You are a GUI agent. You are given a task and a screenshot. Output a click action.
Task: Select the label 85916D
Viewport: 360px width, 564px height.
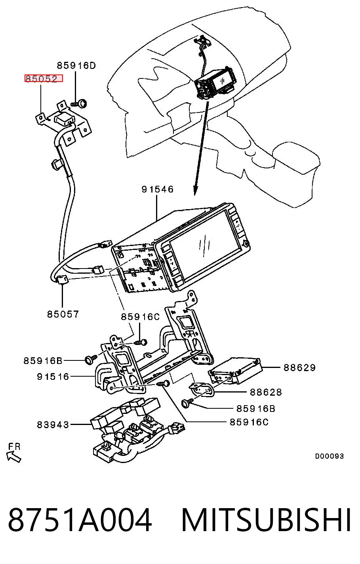76,66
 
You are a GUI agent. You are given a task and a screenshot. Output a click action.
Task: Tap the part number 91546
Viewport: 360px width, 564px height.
158,189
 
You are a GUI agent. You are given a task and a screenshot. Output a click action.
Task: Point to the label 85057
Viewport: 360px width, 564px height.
63,314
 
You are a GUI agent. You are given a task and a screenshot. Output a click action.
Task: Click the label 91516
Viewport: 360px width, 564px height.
53,377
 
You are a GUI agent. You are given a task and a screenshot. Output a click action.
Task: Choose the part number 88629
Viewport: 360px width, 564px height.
299,368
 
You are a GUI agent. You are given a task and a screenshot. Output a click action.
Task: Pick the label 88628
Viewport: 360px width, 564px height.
266,392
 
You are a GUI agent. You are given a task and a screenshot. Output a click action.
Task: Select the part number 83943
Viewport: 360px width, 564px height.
53,425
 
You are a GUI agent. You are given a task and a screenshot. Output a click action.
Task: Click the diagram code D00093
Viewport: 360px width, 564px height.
330,456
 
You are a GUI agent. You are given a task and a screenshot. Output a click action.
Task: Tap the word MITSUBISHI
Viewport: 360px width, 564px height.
266,520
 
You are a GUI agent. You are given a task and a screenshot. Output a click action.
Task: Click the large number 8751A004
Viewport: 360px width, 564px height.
80,520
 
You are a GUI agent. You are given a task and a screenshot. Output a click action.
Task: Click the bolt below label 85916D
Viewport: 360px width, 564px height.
79,103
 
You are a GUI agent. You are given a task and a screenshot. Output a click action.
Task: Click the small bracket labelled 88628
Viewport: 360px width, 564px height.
202,389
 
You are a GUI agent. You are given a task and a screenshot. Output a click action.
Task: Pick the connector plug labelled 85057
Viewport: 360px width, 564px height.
62,280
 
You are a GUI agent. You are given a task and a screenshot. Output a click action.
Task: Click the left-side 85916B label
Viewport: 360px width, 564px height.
43,361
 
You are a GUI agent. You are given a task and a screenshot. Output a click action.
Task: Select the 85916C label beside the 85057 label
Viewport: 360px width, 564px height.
141,317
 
